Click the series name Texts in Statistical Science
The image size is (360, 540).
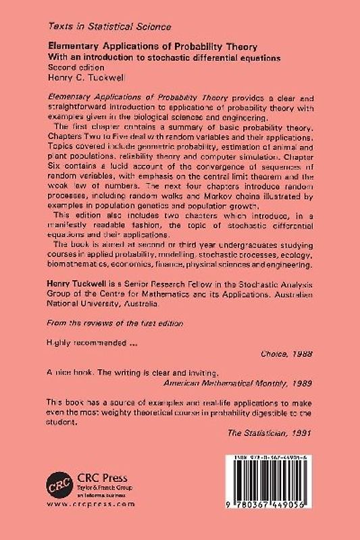point(109,26)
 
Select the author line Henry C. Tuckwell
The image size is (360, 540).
point(84,78)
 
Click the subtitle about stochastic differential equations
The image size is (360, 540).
point(163,58)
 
